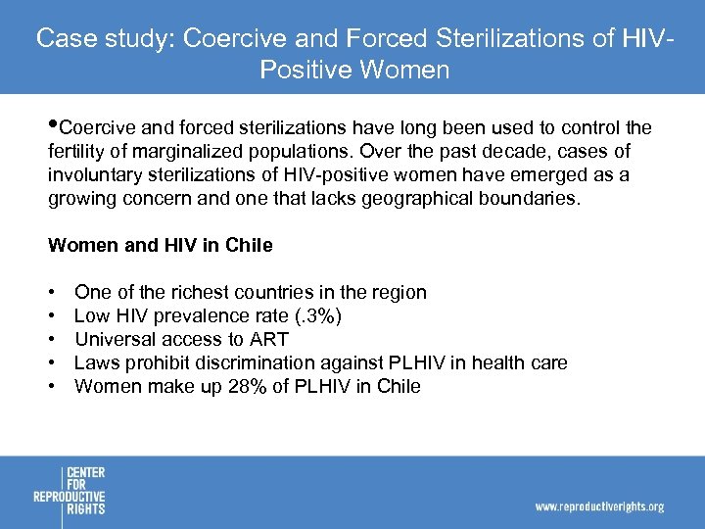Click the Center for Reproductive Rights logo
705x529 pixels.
tap(69, 491)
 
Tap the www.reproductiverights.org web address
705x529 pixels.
tap(599, 506)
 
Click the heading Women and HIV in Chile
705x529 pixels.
tap(161, 246)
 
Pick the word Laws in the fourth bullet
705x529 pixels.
tap(96, 362)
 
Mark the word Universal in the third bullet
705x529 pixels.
tap(112, 339)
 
